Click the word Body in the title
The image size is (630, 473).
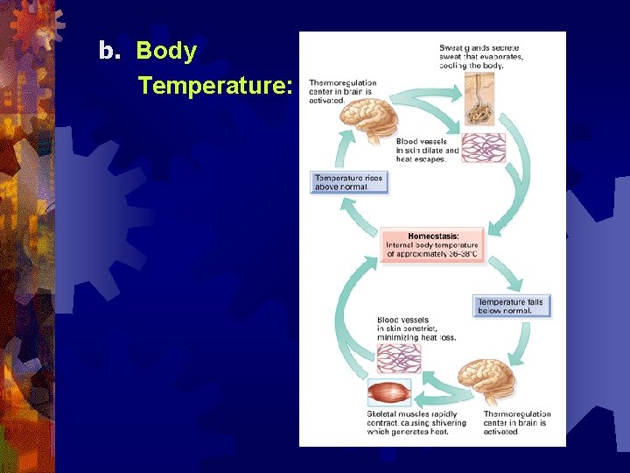coord(166,52)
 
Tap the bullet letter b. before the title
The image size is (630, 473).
coord(108,52)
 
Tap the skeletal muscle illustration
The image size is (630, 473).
coord(389,392)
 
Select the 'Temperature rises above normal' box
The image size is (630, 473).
coord(348,182)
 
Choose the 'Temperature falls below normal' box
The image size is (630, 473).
coord(510,306)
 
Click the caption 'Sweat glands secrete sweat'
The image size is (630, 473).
coord(480,55)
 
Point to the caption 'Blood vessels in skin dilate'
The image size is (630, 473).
coord(427,150)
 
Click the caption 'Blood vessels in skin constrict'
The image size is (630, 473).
coord(416,328)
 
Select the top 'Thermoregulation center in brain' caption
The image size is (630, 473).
coord(342,91)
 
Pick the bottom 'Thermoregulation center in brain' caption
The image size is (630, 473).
coord(517,422)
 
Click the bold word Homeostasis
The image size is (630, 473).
coord(433,236)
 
